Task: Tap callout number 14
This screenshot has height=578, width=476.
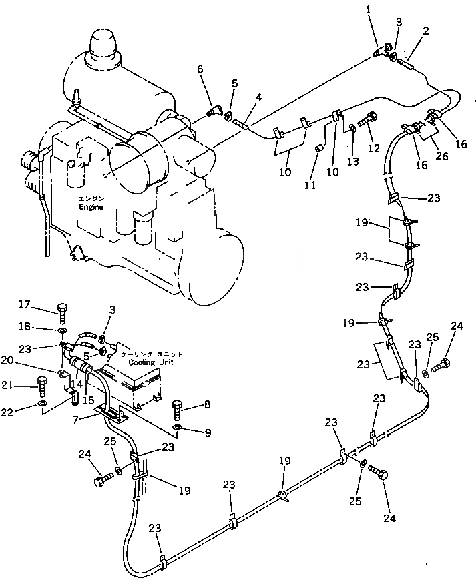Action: pos(79,385)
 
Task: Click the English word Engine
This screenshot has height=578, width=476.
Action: pos(89,208)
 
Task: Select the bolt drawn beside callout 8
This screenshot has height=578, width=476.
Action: pos(177,406)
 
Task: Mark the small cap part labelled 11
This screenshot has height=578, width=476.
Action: pos(319,146)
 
